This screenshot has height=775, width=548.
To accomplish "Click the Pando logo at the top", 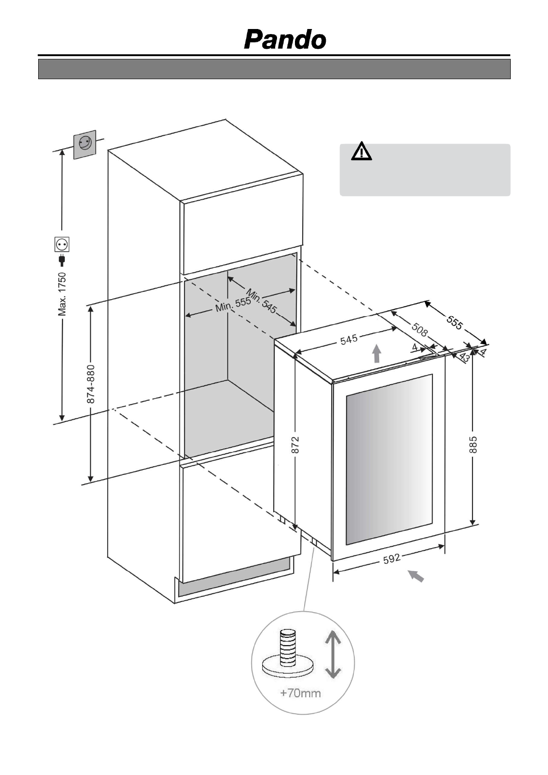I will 285,40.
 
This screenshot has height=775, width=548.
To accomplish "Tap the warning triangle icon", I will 362,152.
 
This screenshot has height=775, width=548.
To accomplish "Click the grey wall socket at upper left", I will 85,144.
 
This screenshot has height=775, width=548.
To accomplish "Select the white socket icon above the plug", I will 62,244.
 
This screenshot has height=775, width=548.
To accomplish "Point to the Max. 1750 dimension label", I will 62,294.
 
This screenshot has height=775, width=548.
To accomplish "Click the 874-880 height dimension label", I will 91,384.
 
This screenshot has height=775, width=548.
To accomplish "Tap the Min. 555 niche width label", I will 233,305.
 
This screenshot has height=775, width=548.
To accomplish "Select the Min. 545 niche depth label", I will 261,301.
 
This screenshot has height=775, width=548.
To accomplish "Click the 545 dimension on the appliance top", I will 349,340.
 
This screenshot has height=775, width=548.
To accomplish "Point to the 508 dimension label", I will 419,330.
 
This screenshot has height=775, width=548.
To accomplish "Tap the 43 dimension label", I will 465,358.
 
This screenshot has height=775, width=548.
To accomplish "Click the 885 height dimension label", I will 473,445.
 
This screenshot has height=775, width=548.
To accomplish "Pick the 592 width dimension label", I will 392,559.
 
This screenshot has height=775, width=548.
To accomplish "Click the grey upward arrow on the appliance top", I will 377,354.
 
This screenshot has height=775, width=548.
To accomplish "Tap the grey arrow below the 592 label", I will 416,576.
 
